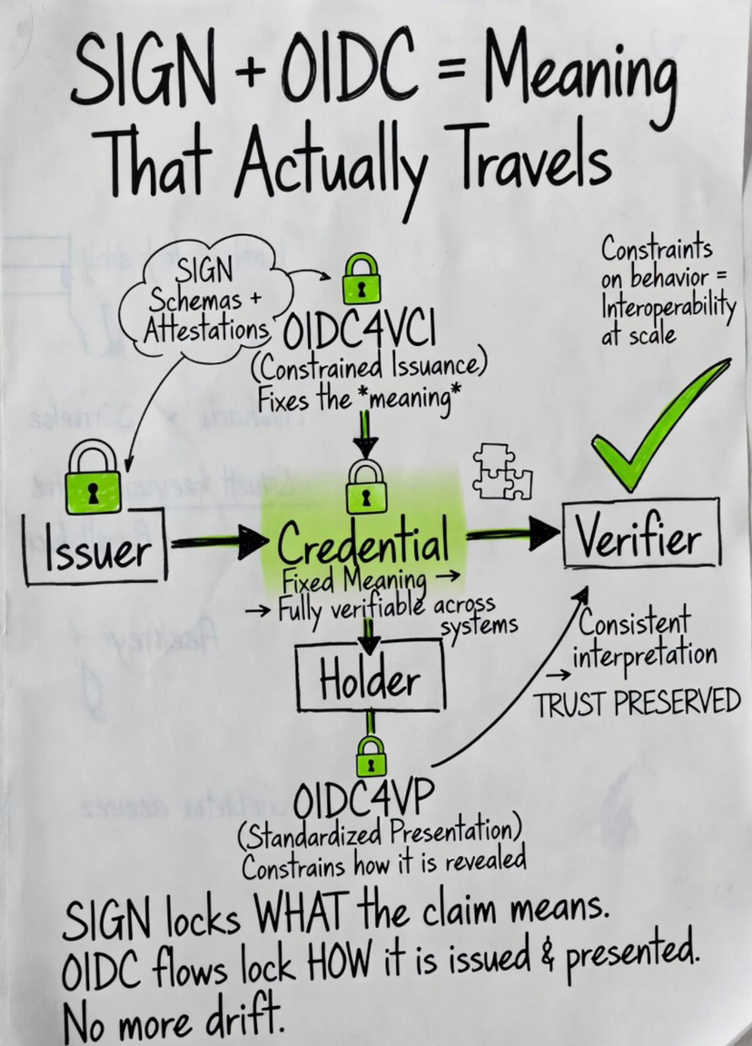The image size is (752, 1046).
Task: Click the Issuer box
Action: point(94,548)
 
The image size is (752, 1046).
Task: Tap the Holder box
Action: point(370,680)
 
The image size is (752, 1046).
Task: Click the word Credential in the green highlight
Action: point(362,543)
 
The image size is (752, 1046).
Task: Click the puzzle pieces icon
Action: point(502,471)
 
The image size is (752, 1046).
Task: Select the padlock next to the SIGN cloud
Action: point(361,280)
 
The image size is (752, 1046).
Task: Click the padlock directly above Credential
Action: point(366,486)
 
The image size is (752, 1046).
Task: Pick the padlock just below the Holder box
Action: point(370,755)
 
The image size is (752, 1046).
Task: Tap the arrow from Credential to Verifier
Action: point(511,536)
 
